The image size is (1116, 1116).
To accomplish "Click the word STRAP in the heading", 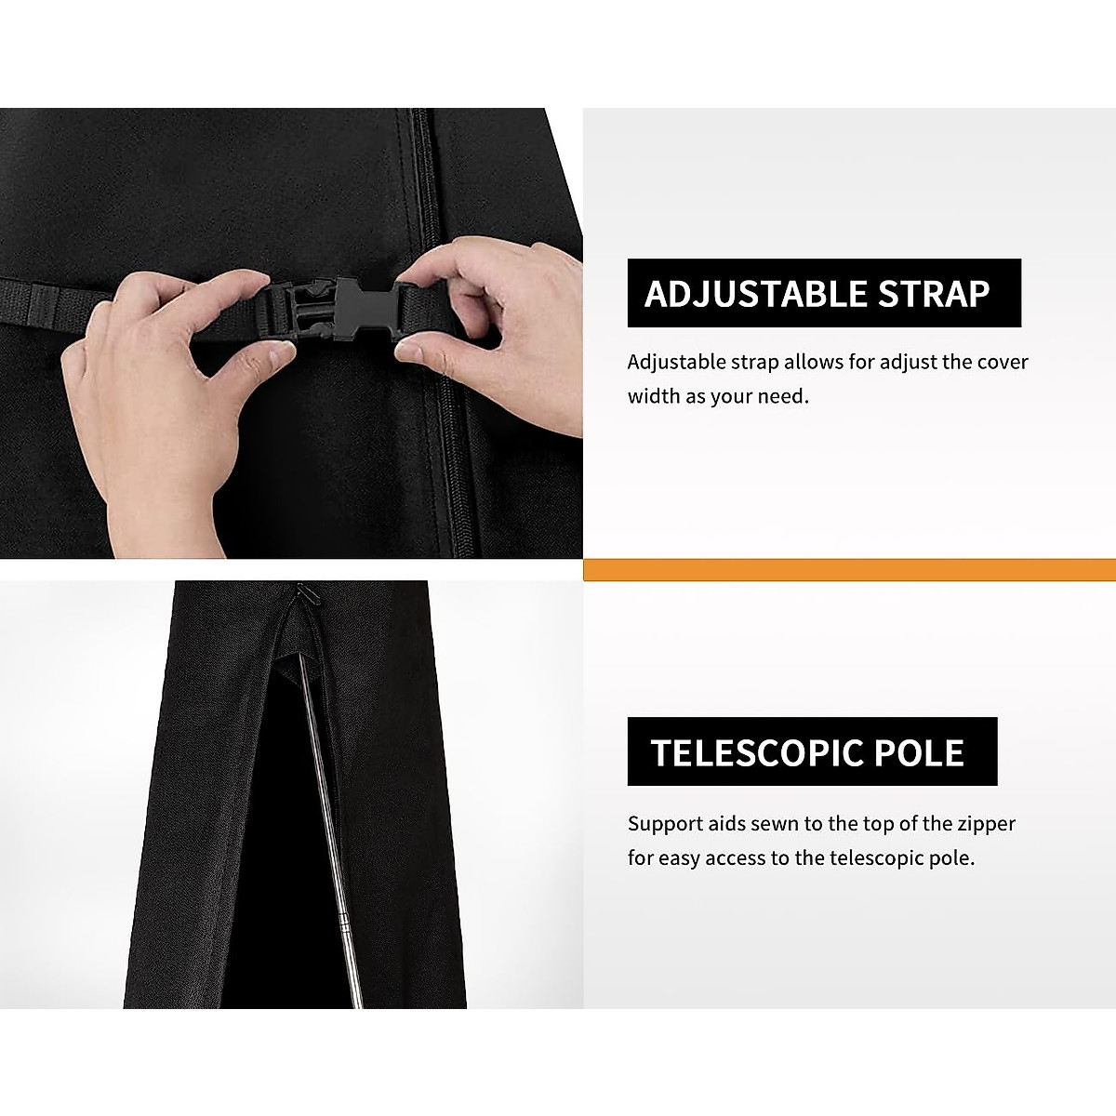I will [x=932, y=294].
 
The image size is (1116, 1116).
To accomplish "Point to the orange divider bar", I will [x=849, y=569].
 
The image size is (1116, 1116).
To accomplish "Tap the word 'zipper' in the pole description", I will [x=985, y=823].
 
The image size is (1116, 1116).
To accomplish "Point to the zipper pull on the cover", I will [x=301, y=595].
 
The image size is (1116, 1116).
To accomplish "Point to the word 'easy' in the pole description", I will [x=679, y=857].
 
